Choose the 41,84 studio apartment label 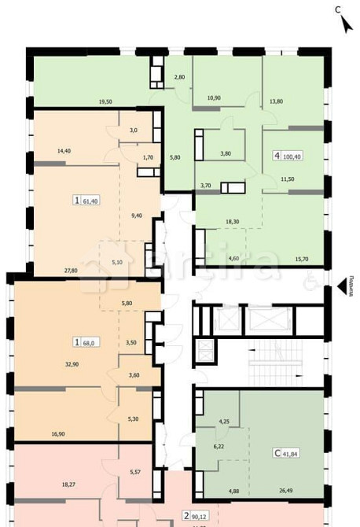tap(288, 453)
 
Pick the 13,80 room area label tap(276, 101)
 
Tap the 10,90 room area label tap(214, 98)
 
